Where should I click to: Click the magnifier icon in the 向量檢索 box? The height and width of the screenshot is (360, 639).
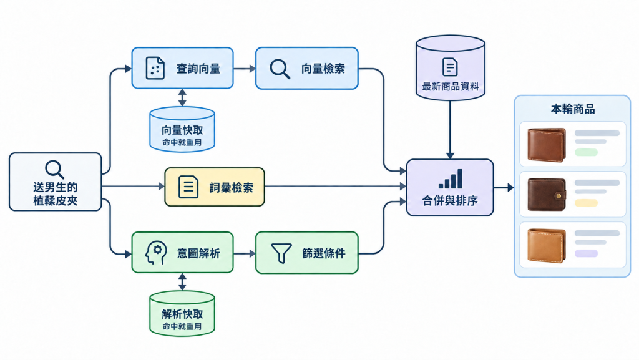click(x=280, y=69)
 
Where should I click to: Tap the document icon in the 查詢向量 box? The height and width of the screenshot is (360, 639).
click(x=155, y=67)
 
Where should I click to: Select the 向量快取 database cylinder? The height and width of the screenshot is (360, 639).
click(x=182, y=129)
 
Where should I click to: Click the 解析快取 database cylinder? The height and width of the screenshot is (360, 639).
click(x=182, y=313)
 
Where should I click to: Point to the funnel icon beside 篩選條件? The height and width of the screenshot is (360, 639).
click(x=281, y=253)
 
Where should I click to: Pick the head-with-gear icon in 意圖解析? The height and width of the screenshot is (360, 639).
click(x=155, y=253)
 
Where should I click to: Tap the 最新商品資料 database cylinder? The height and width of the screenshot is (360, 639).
click(x=451, y=67)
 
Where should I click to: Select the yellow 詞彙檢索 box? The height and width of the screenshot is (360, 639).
click(x=215, y=187)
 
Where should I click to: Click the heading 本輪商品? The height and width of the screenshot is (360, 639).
click(x=573, y=109)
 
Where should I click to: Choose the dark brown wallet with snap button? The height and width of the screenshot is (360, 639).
click(x=547, y=194)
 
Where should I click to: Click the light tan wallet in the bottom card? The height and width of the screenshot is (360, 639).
click(x=547, y=245)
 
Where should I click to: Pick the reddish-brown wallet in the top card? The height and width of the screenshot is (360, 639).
click(x=547, y=145)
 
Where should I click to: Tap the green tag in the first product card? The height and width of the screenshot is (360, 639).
click(x=586, y=152)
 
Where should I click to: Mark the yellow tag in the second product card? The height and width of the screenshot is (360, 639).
click(x=586, y=203)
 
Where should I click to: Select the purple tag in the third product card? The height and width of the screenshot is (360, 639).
click(x=586, y=253)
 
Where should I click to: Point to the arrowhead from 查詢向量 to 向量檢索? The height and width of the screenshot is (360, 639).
click(x=252, y=69)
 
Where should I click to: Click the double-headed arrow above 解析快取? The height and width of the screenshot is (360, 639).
click(x=182, y=282)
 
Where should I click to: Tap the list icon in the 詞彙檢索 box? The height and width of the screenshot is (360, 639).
click(x=188, y=187)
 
